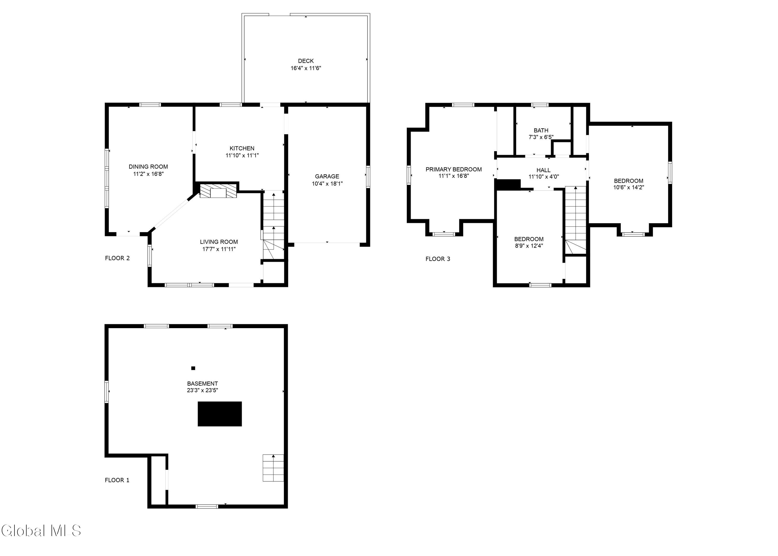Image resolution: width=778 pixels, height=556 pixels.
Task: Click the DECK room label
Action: (x=305, y=61)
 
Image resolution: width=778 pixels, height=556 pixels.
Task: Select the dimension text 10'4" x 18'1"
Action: (x=327, y=184)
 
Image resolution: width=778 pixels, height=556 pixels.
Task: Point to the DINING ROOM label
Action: (x=148, y=167)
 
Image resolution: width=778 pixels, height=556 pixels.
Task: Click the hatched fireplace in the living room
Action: (x=218, y=191)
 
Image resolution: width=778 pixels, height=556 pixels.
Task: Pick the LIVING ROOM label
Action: (x=219, y=242)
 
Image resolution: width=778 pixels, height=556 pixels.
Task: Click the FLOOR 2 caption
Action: (x=117, y=258)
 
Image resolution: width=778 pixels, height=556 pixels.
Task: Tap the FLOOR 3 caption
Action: (x=438, y=259)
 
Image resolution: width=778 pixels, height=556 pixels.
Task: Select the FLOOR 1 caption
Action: (x=117, y=480)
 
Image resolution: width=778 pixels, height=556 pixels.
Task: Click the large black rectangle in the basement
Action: (x=220, y=414)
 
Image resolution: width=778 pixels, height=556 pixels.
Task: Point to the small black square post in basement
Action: (x=193, y=368)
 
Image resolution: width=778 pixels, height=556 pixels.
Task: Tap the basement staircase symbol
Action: (x=273, y=468)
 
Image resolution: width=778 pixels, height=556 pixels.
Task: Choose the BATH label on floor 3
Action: (x=541, y=130)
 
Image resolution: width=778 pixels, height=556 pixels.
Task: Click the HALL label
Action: (x=544, y=170)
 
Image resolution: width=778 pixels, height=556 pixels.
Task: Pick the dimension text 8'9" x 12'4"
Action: (x=529, y=245)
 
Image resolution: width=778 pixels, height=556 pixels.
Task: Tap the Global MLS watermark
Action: (x=41, y=531)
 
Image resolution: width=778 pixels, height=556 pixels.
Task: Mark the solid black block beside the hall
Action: (x=508, y=185)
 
